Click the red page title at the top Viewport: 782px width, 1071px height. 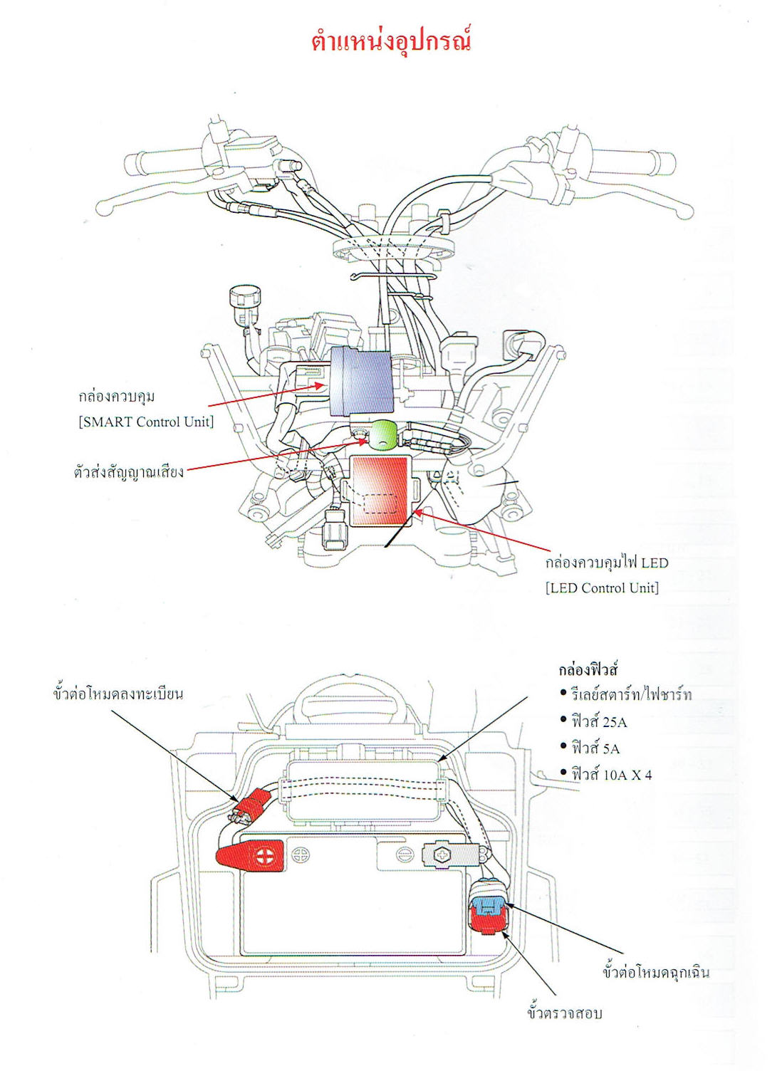(391, 40)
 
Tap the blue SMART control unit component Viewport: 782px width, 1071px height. (363, 382)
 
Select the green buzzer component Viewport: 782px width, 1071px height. (379, 434)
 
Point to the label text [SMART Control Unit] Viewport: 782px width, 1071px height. (146, 422)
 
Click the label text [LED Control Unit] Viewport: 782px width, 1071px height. (602, 588)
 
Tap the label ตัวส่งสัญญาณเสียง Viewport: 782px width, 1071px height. (128, 471)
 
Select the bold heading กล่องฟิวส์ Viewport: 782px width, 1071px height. (588, 669)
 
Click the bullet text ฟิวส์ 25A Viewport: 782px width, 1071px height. (599, 721)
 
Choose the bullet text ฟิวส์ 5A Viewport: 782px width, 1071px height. (595, 748)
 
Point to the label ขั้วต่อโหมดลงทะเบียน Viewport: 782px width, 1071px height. (118, 694)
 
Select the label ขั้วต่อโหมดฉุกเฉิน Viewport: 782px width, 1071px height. (655, 973)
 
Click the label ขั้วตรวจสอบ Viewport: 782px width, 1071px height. (564, 1013)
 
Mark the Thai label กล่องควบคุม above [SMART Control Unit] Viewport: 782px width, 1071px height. (116, 396)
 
